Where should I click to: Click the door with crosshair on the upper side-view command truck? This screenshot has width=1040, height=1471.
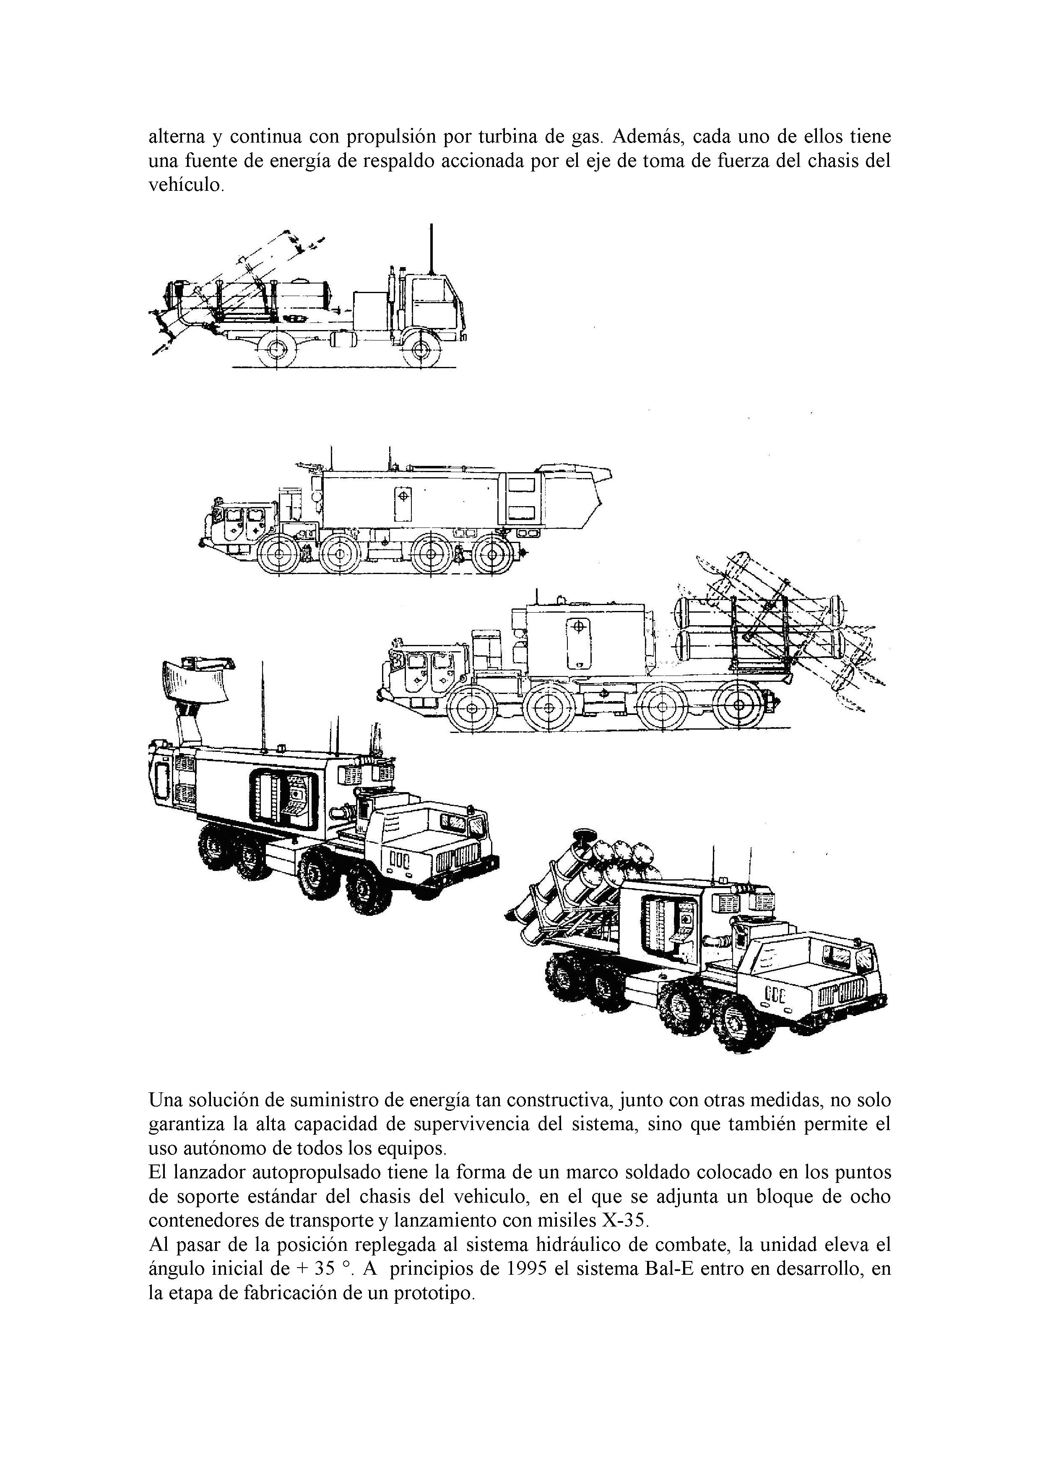(403, 503)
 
